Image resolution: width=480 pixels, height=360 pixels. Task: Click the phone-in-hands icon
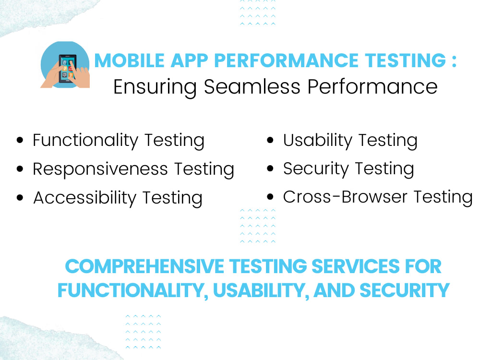(x=65, y=65)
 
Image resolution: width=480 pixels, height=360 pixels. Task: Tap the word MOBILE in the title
(x=123, y=61)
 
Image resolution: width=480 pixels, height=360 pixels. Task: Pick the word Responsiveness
(x=100, y=169)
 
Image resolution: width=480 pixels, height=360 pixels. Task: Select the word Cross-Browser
(x=346, y=197)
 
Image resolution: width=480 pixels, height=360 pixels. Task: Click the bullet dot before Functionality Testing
(x=20, y=141)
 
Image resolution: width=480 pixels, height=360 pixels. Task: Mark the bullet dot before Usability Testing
(x=270, y=141)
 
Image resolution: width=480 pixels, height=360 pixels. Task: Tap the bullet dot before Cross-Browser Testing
(x=270, y=197)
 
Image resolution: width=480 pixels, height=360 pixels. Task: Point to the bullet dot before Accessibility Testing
(x=20, y=198)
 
